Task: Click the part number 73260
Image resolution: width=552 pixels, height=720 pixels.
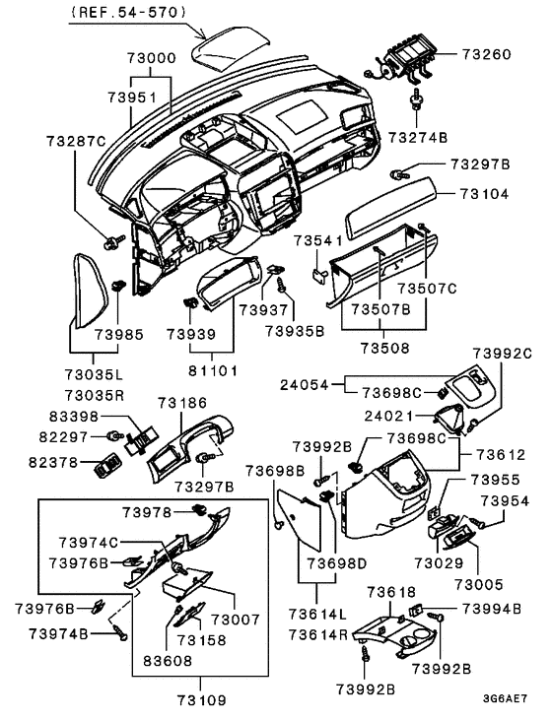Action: pyautogui.click(x=486, y=54)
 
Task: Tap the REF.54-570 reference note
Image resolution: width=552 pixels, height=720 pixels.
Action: pyautogui.click(x=129, y=13)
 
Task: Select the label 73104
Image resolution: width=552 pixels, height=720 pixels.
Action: pyautogui.click(x=484, y=194)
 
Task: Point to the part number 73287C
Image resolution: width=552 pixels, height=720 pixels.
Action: pyautogui.click(x=76, y=141)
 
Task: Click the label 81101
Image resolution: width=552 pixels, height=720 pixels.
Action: pyautogui.click(x=212, y=370)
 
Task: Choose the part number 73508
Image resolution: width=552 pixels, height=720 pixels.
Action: pyautogui.click(x=384, y=348)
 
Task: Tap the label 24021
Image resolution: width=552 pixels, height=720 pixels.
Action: pyautogui.click(x=388, y=416)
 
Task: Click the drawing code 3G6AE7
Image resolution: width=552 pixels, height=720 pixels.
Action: pyautogui.click(x=505, y=699)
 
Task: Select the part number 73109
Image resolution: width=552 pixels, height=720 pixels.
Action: pyautogui.click(x=202, y=700)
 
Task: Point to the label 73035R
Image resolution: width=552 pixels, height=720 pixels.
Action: pyautogui.click(x=94, y=395)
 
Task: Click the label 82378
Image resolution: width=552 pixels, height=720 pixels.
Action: pyautogui.click(x=53, y=462)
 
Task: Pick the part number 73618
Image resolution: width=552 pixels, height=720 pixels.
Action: pyautogui.click(x=391, y=592)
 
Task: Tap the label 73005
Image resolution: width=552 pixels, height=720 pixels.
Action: pyautogui.click(x=479, y=584)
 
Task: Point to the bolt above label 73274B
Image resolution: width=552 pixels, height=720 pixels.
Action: pyautogui.click(x=417, y=100)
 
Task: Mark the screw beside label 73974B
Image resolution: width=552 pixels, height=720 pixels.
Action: pyautogui.click(x=118, y=631)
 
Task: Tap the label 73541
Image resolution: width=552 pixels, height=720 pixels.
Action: pyautogui.click(x=318, y=240)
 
